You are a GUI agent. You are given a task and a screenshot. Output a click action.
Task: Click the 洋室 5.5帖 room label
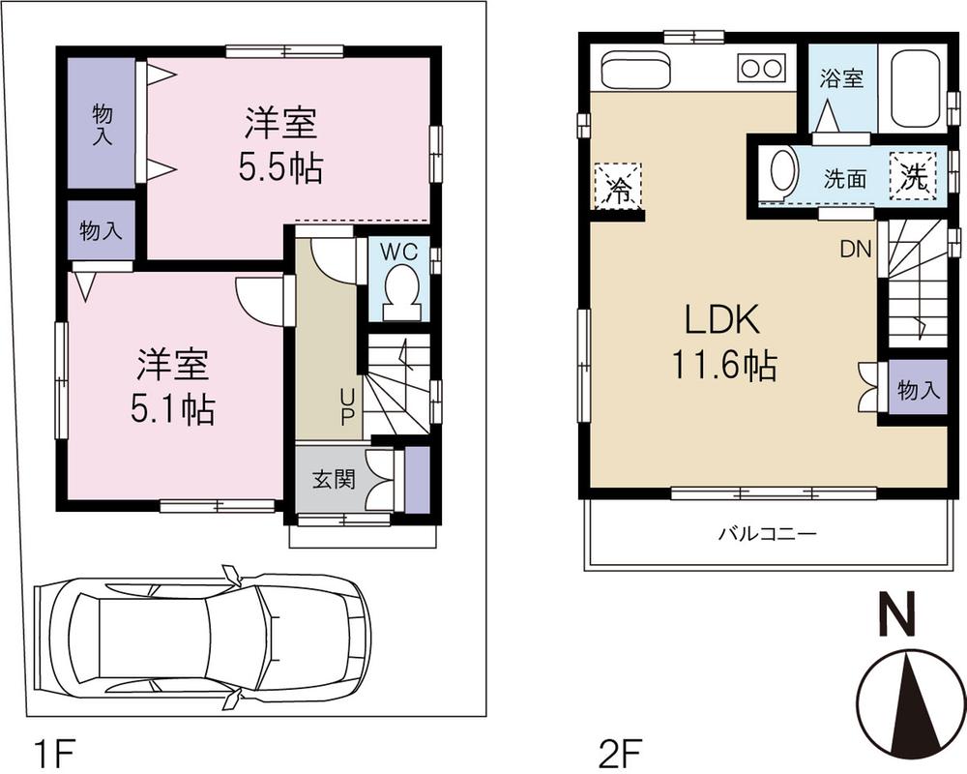282,146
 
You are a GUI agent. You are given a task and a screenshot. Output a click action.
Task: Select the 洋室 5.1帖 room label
173,387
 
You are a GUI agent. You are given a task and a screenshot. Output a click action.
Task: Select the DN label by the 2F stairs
855,250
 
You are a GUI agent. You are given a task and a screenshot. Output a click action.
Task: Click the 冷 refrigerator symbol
617,185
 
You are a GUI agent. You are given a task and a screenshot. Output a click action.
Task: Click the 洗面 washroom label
844,179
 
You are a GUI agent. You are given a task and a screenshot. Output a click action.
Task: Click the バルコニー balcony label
768,533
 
